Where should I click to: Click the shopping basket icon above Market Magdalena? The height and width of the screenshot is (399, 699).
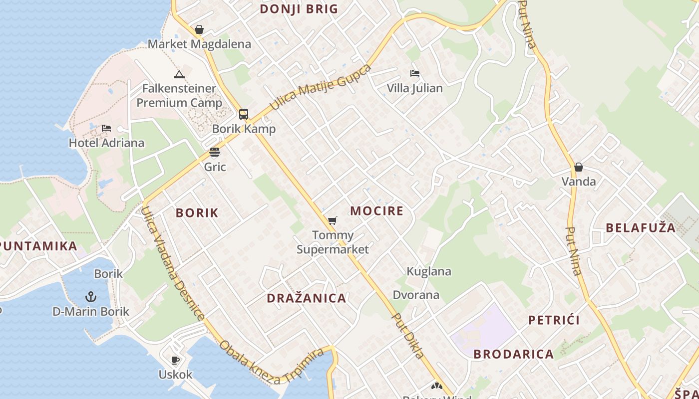coord(199,30)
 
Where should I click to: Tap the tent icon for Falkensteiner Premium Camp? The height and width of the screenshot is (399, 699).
coord(179,75)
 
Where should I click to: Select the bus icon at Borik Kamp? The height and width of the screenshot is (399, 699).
coord(243,114)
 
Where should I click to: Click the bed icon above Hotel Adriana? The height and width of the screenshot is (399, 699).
coord(106,128)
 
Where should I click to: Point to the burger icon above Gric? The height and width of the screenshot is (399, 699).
coord(215,152)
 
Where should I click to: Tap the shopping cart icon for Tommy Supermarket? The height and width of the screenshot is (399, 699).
coord(332,220)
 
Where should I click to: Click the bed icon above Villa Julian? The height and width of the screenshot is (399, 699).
coord(414,73)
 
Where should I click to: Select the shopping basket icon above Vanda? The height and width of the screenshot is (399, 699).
coord(578,167)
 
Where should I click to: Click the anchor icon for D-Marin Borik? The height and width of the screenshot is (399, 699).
coord(90,297)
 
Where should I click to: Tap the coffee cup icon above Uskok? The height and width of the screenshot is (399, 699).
coord(175,360)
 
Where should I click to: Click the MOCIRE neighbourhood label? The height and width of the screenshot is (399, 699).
coord(376,211)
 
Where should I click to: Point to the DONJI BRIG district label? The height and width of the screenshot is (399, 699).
coord(299,9)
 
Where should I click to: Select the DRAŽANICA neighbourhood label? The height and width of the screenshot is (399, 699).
coord(306,298)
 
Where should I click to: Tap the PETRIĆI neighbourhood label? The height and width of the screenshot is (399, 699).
coord(554,320)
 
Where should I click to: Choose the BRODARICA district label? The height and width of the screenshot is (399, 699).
coord(513,354)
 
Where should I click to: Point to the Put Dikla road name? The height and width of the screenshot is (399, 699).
coord(408,336)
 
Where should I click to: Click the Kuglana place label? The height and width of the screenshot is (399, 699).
coord(429,272)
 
